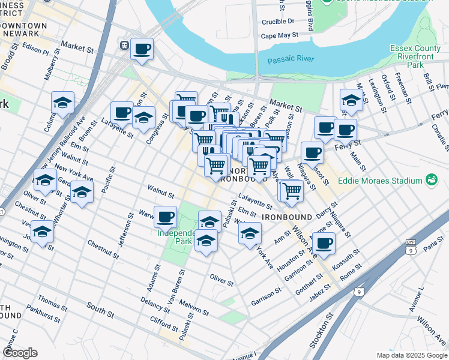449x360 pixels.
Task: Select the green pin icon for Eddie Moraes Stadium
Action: click(x=430, y=179)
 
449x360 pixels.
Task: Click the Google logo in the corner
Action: click(x=20, y=353)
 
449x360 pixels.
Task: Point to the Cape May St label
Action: click(x=280, y=36)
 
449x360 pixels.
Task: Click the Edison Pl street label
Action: click(x=35, y=48)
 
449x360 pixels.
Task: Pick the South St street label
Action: click(x=99, y=311)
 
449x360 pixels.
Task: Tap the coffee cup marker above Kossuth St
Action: click(x=324, y=243)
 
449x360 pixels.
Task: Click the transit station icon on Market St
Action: click(x=125, y=45)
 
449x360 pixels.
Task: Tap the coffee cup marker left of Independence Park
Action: click(x=165, y=216)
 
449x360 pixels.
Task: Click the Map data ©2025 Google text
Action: click(x=412, y=355)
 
